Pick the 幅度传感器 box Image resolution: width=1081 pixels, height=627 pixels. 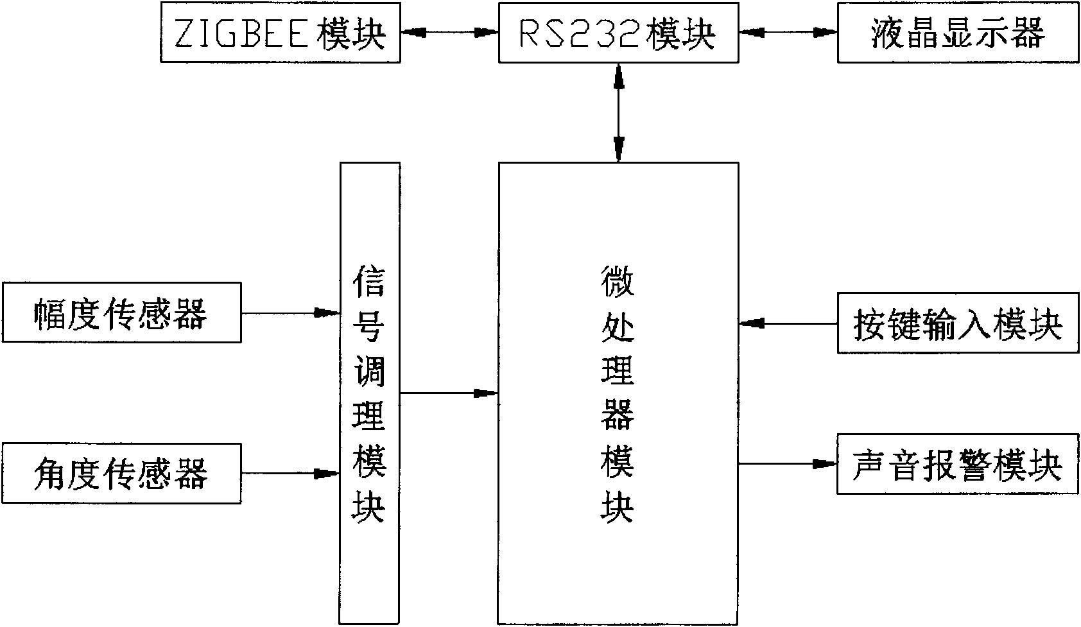pyautogui.click(x=121, y=313)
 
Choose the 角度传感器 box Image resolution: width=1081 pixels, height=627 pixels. pyautogui.click(x=121, y=474)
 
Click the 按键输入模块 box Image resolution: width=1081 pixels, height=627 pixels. pyautogui.click(x=957, y=323)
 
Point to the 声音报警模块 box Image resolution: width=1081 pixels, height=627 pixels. pyautogui.click(x=957, y=463)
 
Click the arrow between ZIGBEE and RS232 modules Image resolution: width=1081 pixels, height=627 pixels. pyautogui.click(x=449, y=31)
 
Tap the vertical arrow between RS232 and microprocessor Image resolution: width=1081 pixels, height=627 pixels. pyautogui.click(x=619, y=112)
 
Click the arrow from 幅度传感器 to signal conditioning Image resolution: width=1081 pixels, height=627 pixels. pyautogui.click(x=290, y=313)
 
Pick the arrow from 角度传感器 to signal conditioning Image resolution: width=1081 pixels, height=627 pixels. pyautogui.click(x=290, y=474)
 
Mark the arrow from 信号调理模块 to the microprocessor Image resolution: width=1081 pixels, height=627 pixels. pyautogui.click(x=449, y=393)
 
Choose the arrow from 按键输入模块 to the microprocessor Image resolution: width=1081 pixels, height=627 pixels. pyautogui.click(x=788, y=323)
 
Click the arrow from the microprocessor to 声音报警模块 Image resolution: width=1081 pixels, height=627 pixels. pyautogui.click(x=788, y=463)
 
